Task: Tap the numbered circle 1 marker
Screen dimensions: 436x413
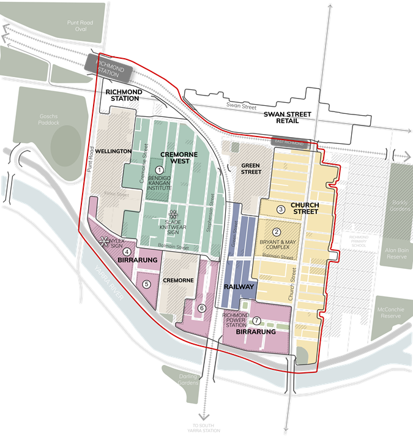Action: [160, 170]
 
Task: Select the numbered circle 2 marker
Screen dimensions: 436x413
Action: [277, 232]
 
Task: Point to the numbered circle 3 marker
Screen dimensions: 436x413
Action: [281, 209]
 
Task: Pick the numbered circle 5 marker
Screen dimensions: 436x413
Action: [146, 284]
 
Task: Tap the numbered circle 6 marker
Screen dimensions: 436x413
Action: [202, 307]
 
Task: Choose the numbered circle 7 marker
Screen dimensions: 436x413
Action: [256, 320]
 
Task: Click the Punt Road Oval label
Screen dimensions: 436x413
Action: [81, 26]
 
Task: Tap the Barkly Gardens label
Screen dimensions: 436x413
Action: [401, 211]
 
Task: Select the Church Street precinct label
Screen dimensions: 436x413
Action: [305, 208]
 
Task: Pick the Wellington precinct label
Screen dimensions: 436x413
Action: [113, 151]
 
